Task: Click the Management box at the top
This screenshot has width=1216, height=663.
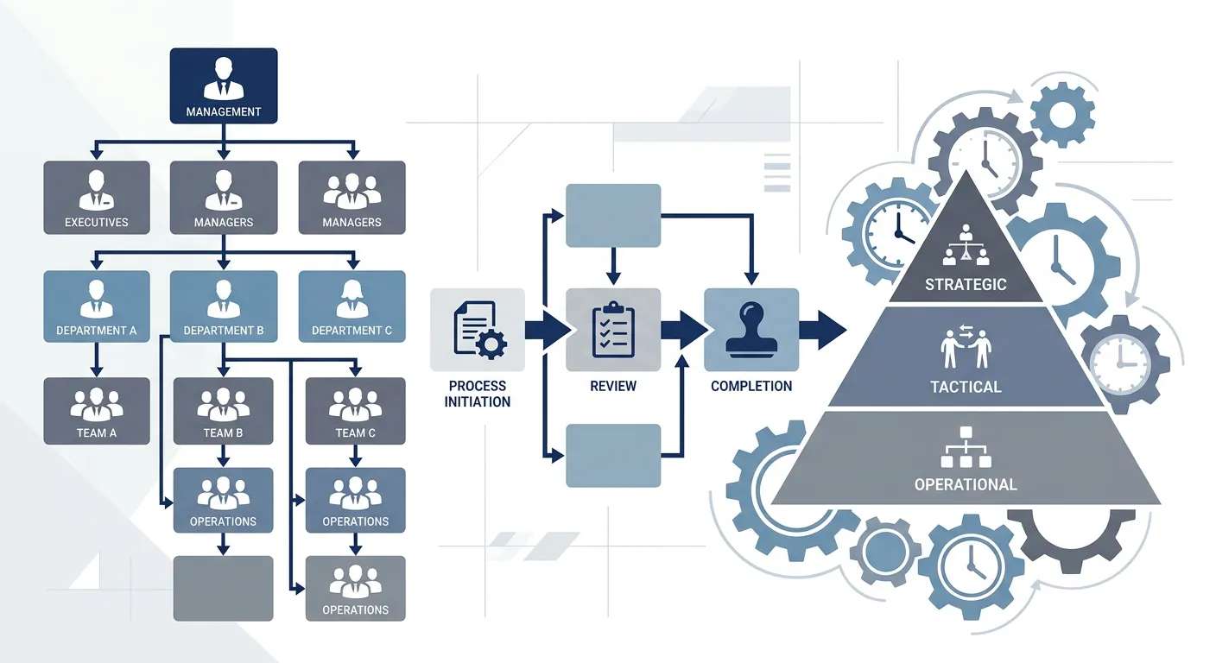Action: (224, 85)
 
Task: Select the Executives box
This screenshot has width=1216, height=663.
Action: (97, 197)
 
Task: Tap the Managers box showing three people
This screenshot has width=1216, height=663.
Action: (351, 197)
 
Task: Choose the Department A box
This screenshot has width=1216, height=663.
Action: (97, 306)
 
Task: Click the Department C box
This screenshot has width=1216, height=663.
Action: (351, 306)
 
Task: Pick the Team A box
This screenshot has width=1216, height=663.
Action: (97, 411)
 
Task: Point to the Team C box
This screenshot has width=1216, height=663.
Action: (355, 411)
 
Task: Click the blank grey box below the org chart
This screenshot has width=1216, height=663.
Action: (223, 588)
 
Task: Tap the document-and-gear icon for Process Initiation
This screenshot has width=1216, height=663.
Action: (478, 329)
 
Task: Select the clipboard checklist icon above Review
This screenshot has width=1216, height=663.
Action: (613, 329)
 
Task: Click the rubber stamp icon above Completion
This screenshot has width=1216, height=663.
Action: (750, 329)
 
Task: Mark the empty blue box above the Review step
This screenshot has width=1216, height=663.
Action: (613, 215)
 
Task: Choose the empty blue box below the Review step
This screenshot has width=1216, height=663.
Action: (613, 455)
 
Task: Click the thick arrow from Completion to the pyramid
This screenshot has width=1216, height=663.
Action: (821, 330)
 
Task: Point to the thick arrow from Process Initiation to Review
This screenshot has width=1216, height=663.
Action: (546, 330)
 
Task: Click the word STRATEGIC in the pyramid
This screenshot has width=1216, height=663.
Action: (966, 284)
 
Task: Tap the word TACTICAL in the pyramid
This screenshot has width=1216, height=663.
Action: (966, 387)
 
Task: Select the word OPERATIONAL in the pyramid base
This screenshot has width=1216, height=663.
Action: (966, 484)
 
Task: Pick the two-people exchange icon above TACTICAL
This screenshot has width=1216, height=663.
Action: (966, 348)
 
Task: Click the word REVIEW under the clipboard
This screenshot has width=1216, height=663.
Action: (613, 386)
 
